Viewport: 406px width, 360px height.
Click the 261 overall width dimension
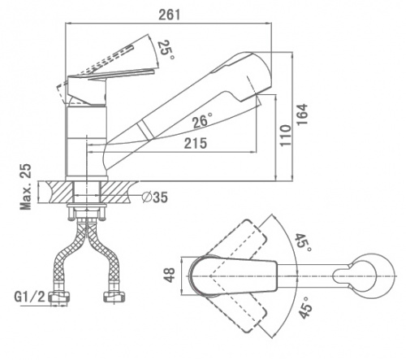[169, 15]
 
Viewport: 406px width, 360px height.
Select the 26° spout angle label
[202, 120]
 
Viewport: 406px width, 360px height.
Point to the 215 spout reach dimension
[196, 143]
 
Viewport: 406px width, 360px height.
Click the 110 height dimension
[286, 136]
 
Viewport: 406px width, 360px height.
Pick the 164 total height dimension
[302, 114]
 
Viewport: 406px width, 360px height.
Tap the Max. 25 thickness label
[26, 187]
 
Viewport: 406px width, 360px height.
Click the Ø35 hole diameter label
[155, 197]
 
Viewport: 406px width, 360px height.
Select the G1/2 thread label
[29, 297]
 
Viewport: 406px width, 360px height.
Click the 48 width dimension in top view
[171, 275]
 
